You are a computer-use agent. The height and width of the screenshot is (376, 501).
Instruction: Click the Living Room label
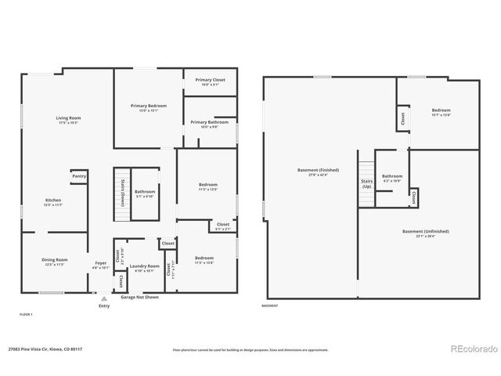(69, 118)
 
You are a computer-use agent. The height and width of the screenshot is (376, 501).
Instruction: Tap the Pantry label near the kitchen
(79, 176)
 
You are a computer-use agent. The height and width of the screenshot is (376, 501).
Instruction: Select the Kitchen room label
(53, 201)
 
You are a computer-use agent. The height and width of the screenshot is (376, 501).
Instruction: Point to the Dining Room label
(55, 259)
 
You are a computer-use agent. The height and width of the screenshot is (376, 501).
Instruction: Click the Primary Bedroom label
(149, 106)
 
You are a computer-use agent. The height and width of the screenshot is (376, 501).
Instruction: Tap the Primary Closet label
(210, 80)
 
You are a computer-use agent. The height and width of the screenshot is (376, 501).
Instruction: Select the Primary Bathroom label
(210, 122)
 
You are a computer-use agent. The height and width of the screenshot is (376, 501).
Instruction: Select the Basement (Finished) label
(319, 170)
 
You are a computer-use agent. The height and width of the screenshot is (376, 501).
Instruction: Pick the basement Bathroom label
(392, 176)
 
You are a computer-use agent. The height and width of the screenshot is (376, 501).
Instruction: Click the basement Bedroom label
(442, 110)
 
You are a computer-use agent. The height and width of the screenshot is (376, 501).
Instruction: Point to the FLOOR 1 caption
(26, 313)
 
